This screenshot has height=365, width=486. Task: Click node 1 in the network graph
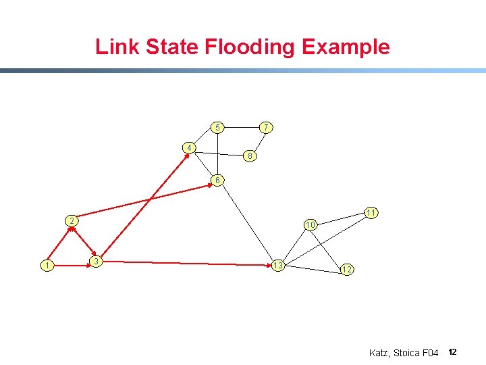click(46, 266)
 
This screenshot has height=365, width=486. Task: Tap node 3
click(97, 261)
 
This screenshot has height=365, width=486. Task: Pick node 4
click(190, 147)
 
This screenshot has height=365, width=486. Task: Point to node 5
click(217, 127)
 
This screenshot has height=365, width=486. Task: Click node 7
click(267, 127)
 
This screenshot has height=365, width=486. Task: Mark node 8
click(249, 156)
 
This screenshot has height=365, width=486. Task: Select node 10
click(310, 224)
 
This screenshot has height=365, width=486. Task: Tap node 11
click(371, 213)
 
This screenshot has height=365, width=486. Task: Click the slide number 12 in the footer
click(452, 352)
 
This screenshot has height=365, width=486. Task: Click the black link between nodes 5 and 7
click(242, 127)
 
